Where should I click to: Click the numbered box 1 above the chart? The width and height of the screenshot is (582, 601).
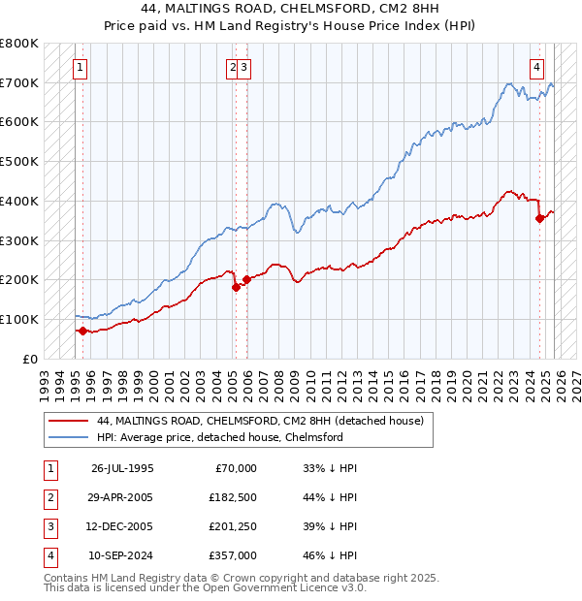(79, 67)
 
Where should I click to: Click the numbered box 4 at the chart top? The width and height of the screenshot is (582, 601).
(536, 67)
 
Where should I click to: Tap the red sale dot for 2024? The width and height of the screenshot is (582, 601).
(540, 218)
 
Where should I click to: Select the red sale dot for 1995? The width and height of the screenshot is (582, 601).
(82, 331)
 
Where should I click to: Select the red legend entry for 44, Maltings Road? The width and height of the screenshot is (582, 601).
(259, 422)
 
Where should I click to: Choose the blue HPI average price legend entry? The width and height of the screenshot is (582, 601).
(219, 438)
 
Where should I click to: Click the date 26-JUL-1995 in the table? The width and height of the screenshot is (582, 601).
(123, 468)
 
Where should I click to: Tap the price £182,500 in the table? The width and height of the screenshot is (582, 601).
(234, 497)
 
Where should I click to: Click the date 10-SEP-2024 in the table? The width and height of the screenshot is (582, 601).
(123, 555)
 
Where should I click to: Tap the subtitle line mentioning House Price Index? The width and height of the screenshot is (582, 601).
(291, 26)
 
